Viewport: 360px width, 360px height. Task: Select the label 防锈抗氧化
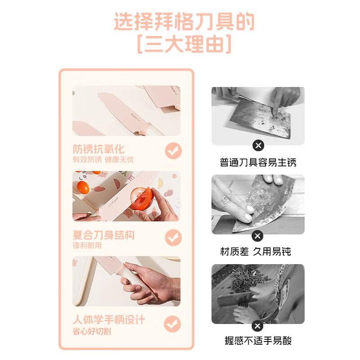pyautogui.click(x=99, y=149)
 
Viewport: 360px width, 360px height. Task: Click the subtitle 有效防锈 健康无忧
pyautogui.click(x=103, y=160)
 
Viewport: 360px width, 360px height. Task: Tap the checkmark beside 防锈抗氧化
pyautogui.click(x=173, y=151)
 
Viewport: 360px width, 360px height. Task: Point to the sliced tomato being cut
pyautogui.click(x=140, y=199)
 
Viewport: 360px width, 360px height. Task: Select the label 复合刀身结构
pyautogui.click(x=103, y=235)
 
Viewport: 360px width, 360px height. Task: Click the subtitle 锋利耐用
pyautogui.click(x=87, y=246)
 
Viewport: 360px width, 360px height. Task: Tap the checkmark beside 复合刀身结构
pyautogui.click(x=173, y=237)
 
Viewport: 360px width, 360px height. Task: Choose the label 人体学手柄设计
pyautogui.click(x=109, y=320)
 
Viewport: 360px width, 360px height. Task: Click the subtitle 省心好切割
pyautogui.click(x=92, y=332)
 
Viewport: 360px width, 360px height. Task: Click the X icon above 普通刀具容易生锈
pyautogui.click(x=258, y=145)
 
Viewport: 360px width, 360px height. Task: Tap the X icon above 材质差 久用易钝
pyautogui.click(x=258, y=235)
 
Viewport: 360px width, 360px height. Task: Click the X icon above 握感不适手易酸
pyautogui.click(x=258, y=325)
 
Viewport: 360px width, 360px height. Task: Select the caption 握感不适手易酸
pyautogui.click(x=258, y=341)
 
